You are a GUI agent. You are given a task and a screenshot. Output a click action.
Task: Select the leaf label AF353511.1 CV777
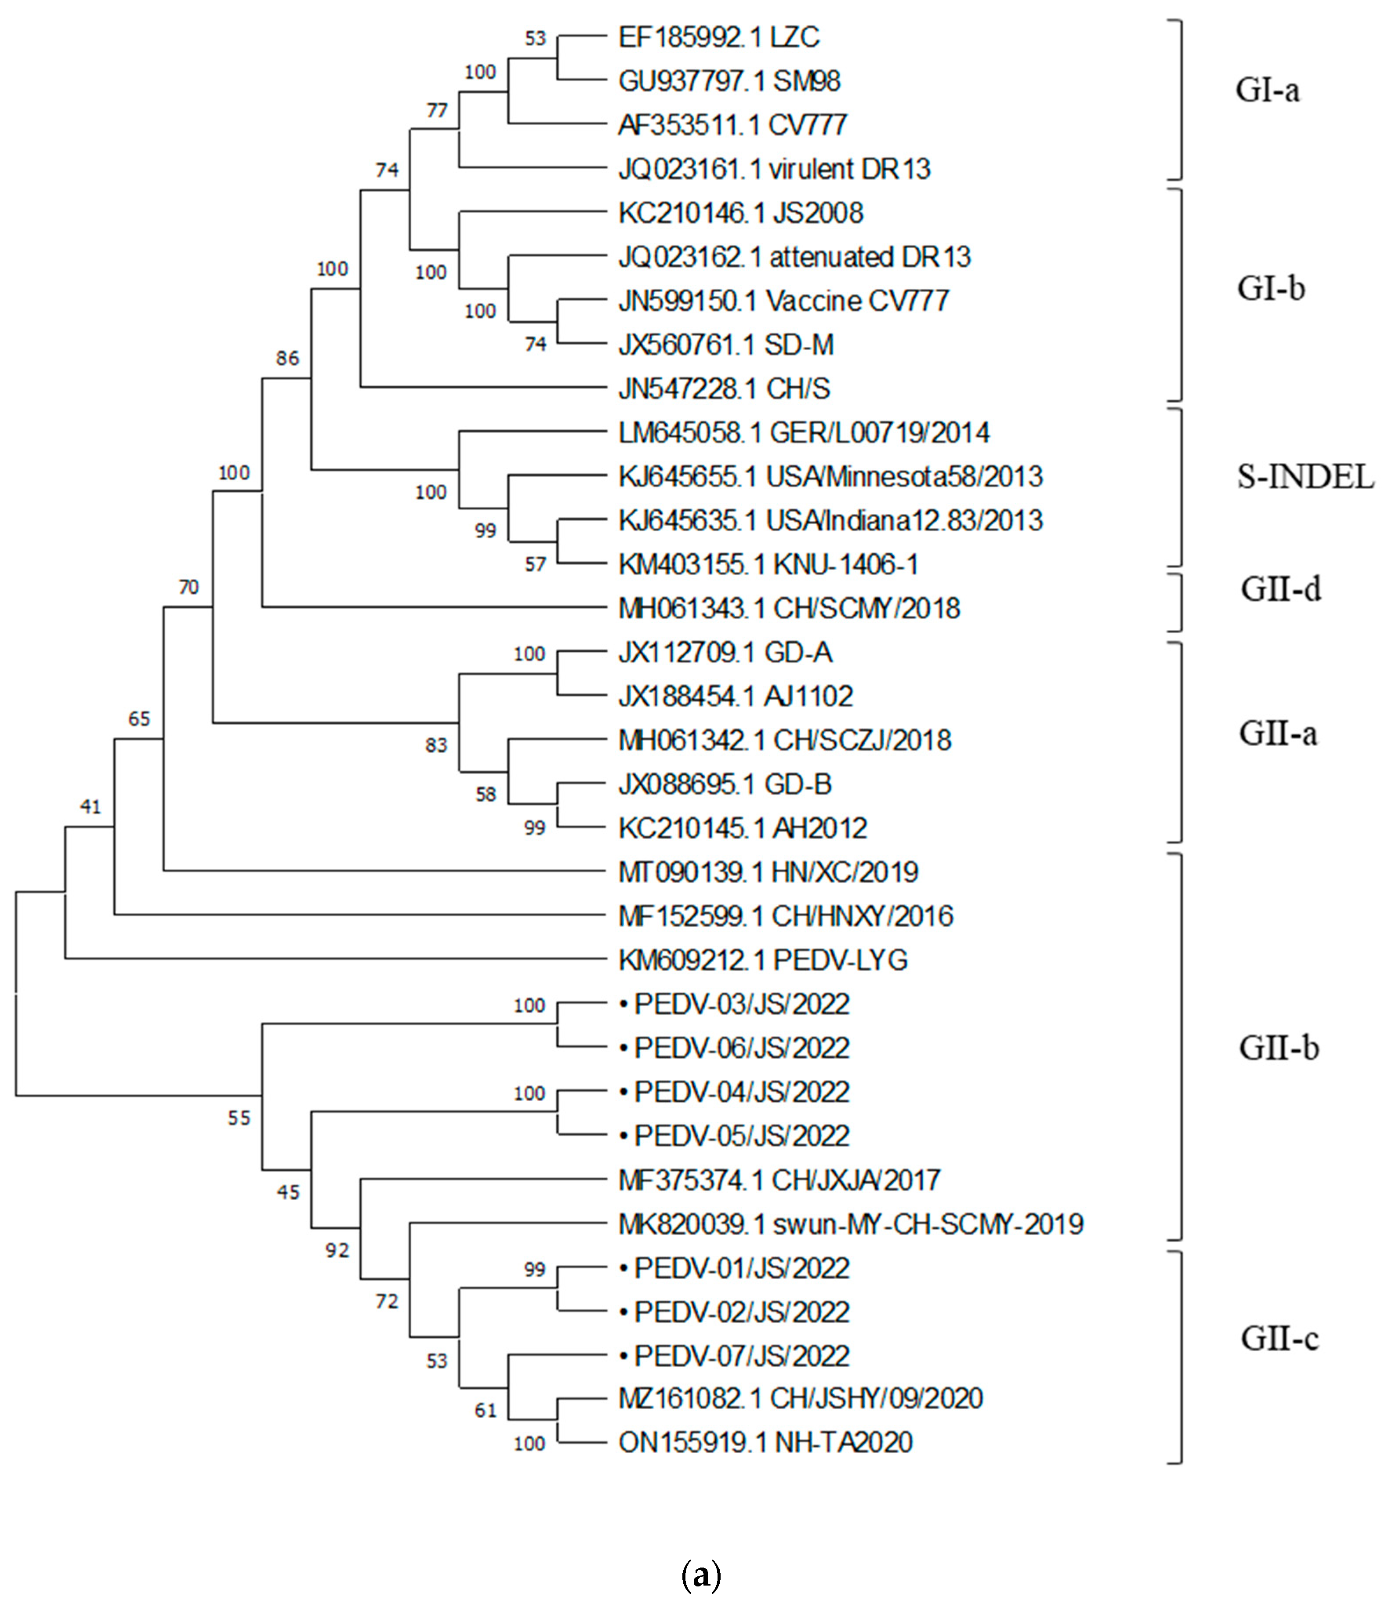[732, 125]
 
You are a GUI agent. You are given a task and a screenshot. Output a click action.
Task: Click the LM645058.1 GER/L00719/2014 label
[804, 432]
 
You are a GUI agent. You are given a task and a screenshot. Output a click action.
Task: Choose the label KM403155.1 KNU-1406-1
[768, 564]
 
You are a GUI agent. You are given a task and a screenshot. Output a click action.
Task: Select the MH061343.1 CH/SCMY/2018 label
[789, 608]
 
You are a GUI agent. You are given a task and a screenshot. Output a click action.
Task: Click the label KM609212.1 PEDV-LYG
[763, 959]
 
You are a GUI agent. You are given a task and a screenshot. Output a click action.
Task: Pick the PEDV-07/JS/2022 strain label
[741, 1356]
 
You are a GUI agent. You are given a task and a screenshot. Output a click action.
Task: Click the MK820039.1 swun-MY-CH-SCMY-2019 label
[850, 1224]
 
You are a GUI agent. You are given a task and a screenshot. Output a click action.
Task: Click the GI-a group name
[1267, 91]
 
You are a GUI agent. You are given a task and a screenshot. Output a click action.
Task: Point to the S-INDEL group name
[1305, 476]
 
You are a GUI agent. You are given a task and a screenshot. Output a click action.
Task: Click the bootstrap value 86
[287, 359]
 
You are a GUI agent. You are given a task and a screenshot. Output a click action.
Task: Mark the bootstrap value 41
[91, 807]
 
